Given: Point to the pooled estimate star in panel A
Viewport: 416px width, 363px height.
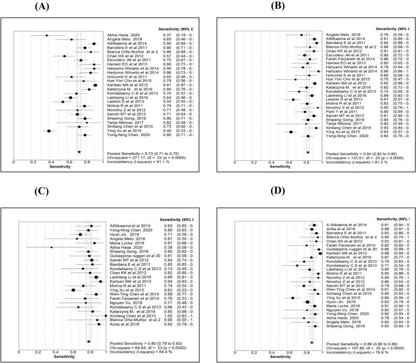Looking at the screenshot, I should [x=79, y=151].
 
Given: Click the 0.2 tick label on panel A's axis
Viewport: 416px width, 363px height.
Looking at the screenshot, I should [x=32, y=163].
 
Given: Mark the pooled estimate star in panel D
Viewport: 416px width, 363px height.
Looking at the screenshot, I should [x=312, y=343].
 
